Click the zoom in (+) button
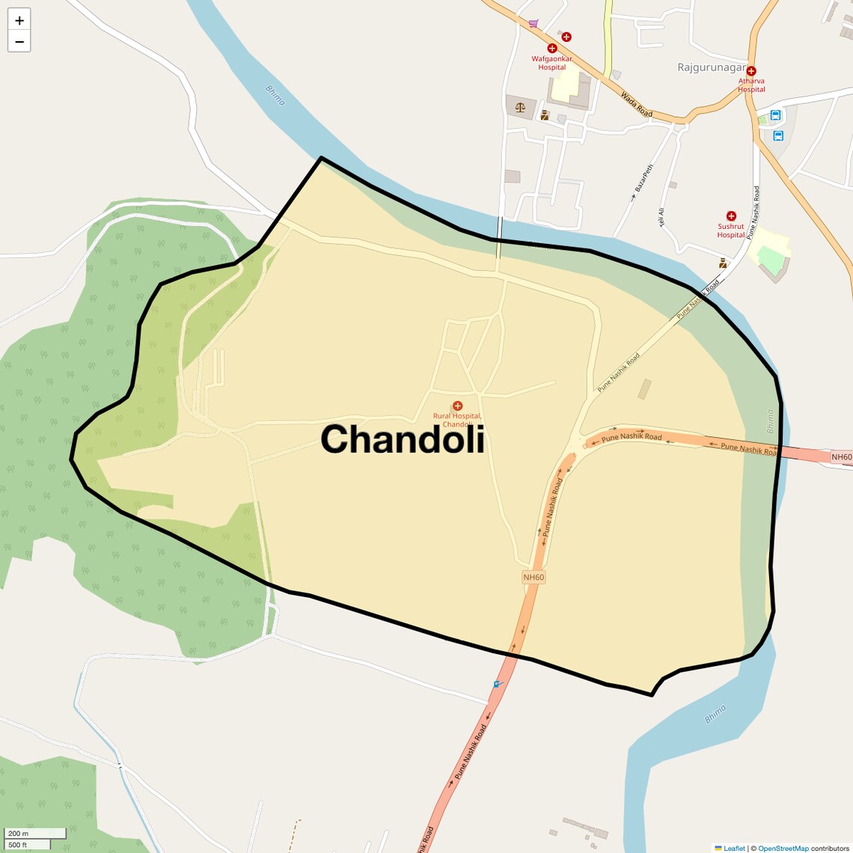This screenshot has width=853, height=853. point(19,20)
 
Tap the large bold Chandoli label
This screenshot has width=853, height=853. point(403,440)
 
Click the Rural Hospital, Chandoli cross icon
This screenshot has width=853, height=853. point(457,406)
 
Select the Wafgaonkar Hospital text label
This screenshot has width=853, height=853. point(552,63)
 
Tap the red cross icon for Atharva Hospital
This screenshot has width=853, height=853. point(750,71)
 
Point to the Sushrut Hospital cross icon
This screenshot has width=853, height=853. point(731,216)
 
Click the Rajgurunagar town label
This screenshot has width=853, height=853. point(712,67)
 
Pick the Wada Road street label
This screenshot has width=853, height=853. point(636,104)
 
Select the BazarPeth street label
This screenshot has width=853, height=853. point(643,179)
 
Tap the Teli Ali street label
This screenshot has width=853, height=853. point(661,218)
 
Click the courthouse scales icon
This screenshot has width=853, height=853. point(520,107)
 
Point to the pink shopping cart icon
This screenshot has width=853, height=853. point(533,23)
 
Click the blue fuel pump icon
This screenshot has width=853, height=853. point(496,684)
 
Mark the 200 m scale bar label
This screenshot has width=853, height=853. point(19,834)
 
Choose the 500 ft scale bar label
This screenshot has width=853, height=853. point(18,845)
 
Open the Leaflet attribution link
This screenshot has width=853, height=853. point(734,849)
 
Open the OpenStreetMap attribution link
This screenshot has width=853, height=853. point(783,849)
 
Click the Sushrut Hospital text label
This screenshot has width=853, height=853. point(731,230)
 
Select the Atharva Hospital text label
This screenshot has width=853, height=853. point(751,85)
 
